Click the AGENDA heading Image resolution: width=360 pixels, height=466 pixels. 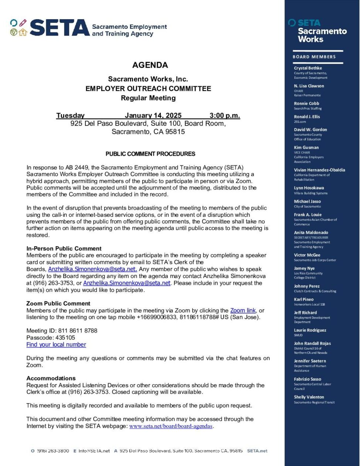(150, 65)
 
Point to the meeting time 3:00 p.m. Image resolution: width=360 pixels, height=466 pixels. (224, 115)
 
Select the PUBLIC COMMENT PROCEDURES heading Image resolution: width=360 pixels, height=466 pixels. (150, 154)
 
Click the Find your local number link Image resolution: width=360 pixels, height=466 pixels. (56, 344)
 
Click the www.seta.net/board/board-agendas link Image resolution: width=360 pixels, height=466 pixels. (171, 426)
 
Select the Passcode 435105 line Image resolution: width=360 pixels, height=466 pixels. (51, 337)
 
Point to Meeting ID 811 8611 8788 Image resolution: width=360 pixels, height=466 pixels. (62, 330)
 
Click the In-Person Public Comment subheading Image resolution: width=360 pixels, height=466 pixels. (64, 249)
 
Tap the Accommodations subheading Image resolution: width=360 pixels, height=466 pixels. (51, 378)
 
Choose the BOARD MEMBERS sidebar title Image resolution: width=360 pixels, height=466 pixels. (314, 57)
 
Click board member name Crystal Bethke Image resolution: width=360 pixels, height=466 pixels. (308, 68)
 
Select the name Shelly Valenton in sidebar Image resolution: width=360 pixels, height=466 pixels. (309, 397)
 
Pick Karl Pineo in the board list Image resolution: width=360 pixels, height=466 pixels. (304, 299)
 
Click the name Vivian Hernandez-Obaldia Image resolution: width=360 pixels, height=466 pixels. (319, 170)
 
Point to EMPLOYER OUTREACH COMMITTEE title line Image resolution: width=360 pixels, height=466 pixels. (148, 88)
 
